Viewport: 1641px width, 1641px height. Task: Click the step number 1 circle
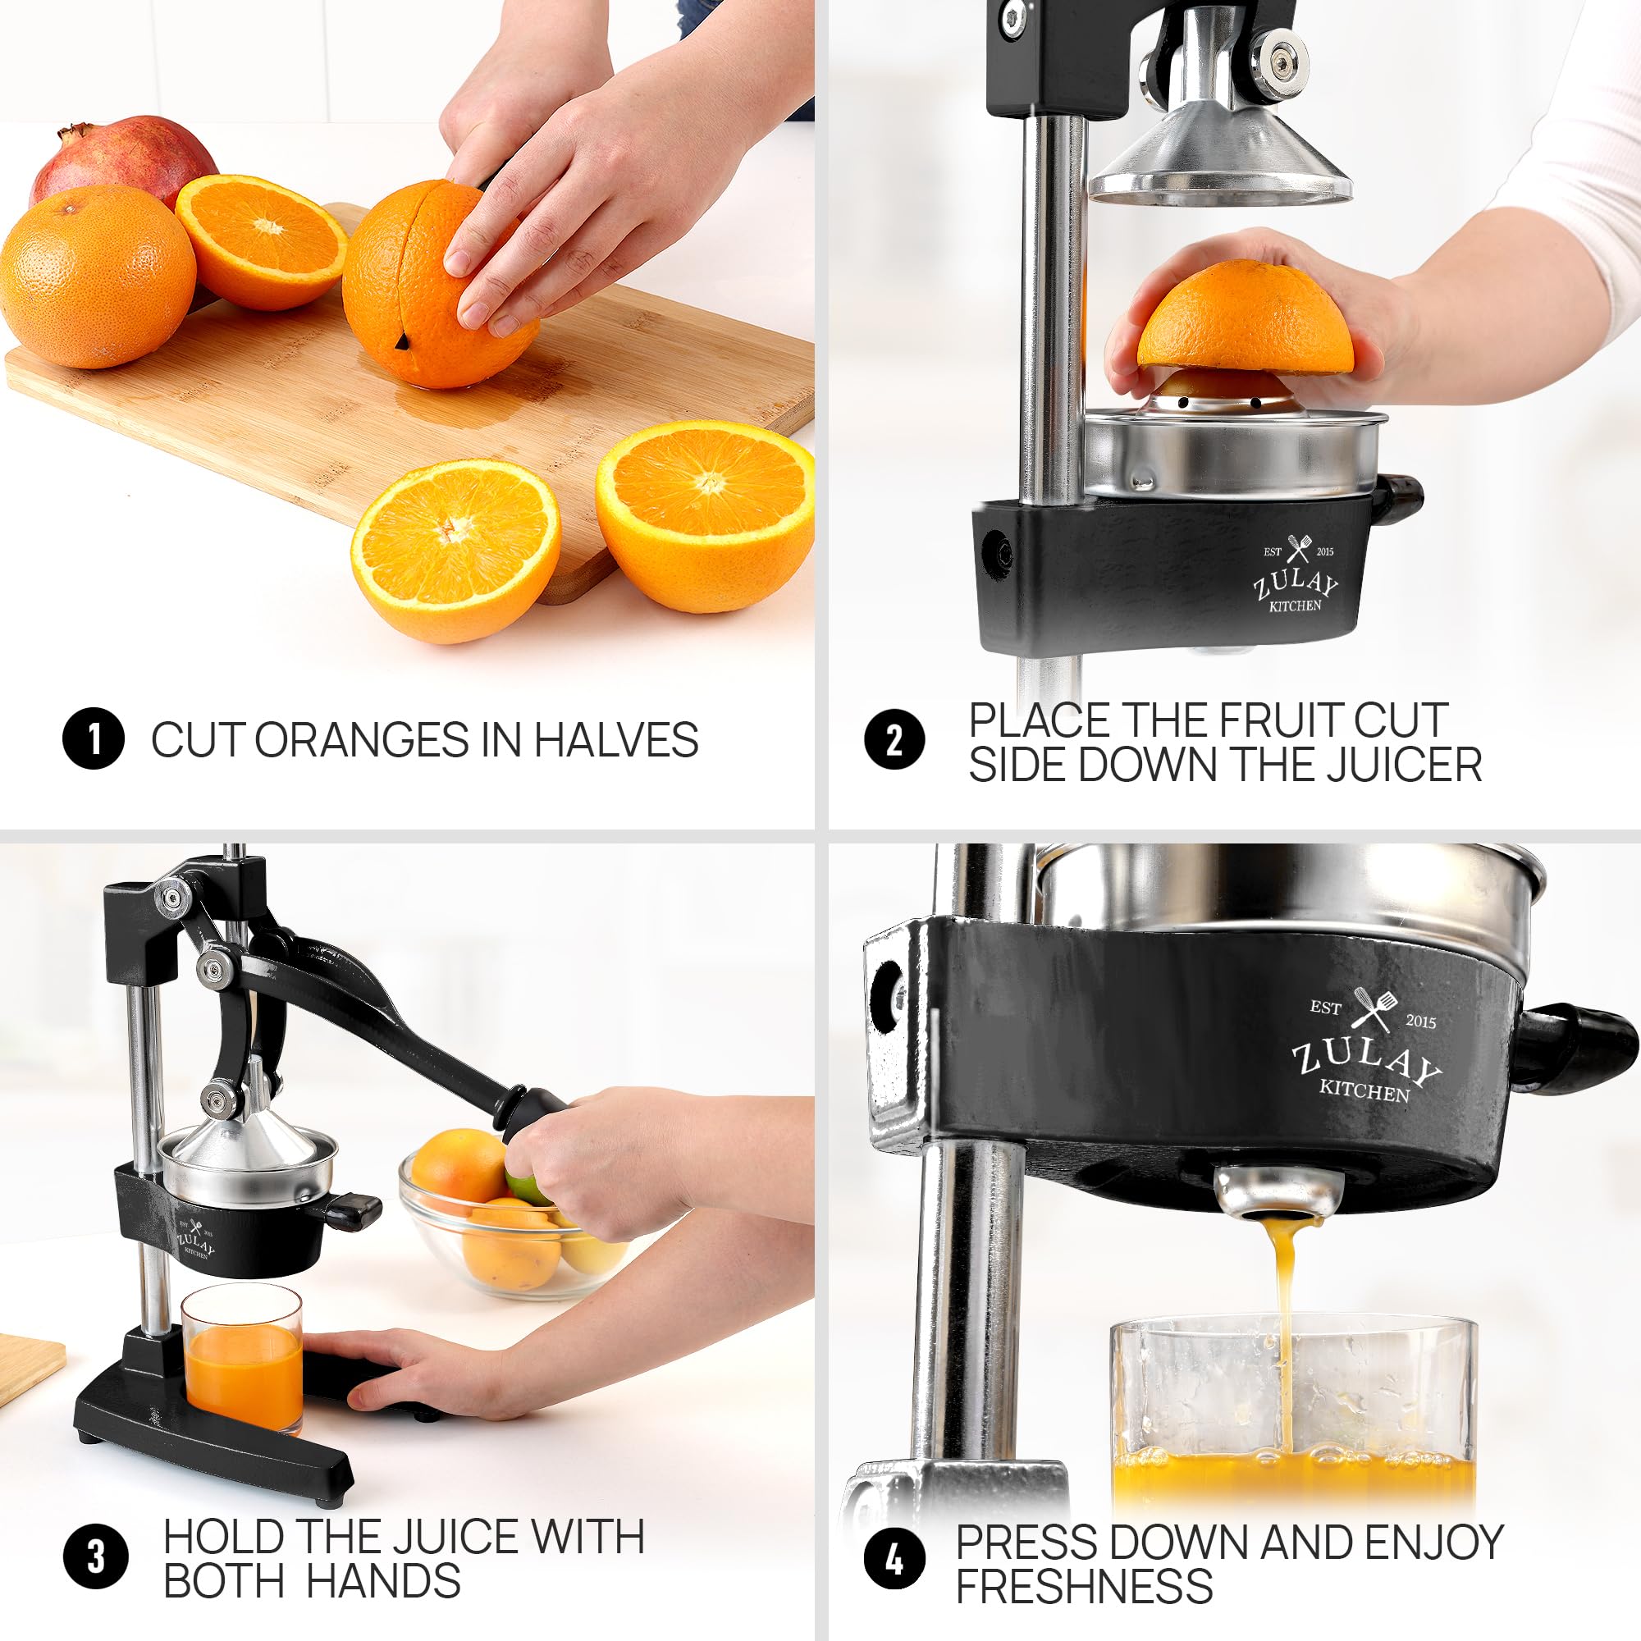click(94, 739)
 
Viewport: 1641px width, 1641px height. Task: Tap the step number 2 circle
click(894, 740)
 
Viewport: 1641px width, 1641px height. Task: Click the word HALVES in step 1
click(616, 740)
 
